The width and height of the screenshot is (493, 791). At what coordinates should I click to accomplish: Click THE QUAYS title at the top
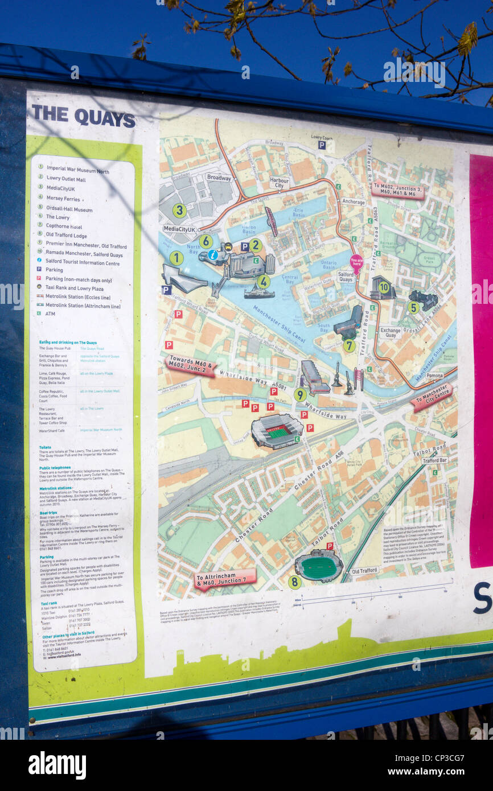click(83, 116)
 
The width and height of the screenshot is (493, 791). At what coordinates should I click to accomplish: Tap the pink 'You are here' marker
click(356, 262)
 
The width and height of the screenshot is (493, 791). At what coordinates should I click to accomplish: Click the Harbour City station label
click(279, 182)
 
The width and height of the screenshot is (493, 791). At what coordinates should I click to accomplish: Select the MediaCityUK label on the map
click(179, 229)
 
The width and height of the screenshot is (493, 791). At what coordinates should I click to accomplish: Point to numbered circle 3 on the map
click(179, 211)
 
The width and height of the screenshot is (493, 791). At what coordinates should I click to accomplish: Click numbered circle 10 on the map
click(384, 287)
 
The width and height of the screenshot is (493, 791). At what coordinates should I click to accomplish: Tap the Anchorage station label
click(354, 201)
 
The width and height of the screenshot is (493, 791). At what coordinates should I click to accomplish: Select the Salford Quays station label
click(346, 277)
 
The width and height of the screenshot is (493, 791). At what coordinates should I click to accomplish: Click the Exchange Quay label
click(391, 332)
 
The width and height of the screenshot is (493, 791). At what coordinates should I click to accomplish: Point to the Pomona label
click(434, 376)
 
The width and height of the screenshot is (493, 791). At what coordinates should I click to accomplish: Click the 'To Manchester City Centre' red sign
click(432, 397)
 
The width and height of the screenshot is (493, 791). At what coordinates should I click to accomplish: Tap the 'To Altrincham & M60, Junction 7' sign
click(225, 579)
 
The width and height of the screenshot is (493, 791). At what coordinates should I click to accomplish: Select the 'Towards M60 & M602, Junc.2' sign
click(190, 366)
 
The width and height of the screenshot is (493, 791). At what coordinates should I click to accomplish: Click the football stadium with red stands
click(277, 431)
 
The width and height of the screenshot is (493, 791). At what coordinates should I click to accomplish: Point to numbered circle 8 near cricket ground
click(294, 582)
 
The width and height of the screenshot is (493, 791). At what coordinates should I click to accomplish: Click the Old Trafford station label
click(365, 571)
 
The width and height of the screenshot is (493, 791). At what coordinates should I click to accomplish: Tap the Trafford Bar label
click(434, 460)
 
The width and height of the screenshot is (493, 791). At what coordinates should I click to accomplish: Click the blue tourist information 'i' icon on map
click(213, 254)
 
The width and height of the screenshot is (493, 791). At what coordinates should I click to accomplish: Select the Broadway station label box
click(219, 178)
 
